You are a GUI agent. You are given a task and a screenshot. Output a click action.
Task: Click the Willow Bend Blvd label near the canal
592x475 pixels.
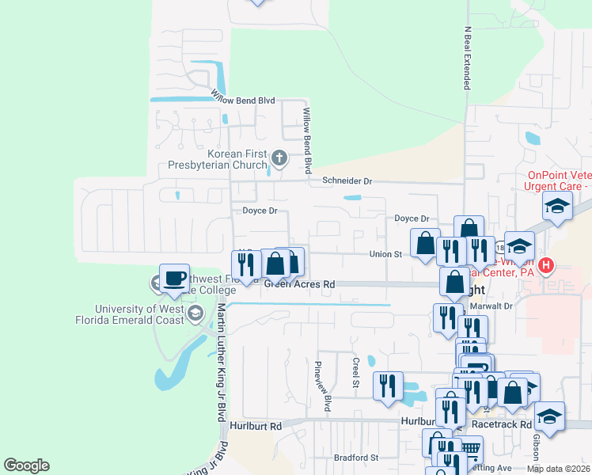tap(242, 101)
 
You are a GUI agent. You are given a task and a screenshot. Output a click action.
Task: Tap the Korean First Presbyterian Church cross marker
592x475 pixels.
tap(279, 159)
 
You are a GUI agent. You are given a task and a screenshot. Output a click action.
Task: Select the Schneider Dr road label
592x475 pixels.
tap(347, 180)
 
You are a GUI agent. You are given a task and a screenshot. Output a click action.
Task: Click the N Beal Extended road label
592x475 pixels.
tap(467, 57)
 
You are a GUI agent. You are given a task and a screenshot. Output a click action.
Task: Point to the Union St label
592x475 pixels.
tap(386, 254)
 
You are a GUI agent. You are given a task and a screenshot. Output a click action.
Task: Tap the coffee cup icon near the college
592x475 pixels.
tap(174, 278)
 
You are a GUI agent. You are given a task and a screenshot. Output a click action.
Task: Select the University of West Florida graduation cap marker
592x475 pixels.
tap(194, 315)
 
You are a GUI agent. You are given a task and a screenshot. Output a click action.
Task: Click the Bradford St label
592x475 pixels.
tap(356, 457)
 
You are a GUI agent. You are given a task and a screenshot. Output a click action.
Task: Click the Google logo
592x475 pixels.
tap(26, 465)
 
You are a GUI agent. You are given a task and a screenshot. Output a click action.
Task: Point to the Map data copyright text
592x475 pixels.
tap(558, 469)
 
